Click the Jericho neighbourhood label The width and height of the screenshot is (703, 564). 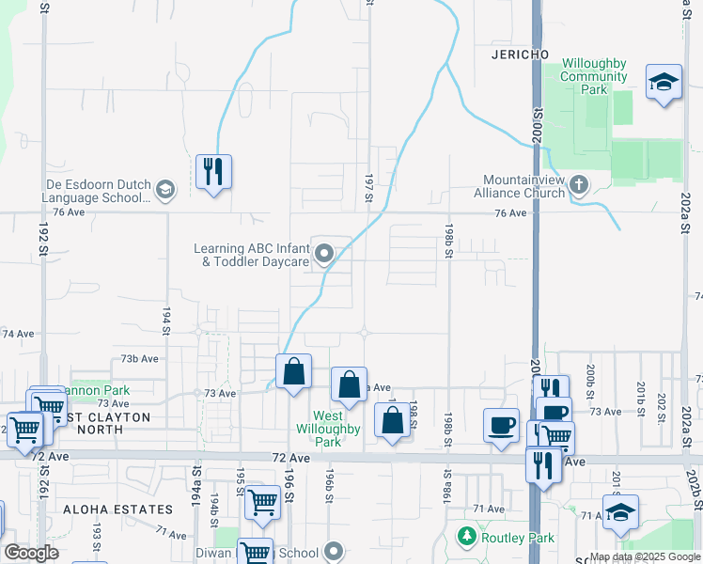click(520, 55)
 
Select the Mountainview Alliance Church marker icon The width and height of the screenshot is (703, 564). click(579, 185)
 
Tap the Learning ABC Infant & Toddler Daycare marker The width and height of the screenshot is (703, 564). click(325, 254)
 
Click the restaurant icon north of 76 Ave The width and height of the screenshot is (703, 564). click(213, 172)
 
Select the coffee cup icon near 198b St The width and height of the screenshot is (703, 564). click(501, 424)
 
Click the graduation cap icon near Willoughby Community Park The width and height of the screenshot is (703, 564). click(664, 82)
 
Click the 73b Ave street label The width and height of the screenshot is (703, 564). click(138, 358)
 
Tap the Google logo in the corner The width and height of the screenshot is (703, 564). click(31, 553)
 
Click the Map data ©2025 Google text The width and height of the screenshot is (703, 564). click(646, 556)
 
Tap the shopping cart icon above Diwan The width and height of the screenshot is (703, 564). click(262, 502)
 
